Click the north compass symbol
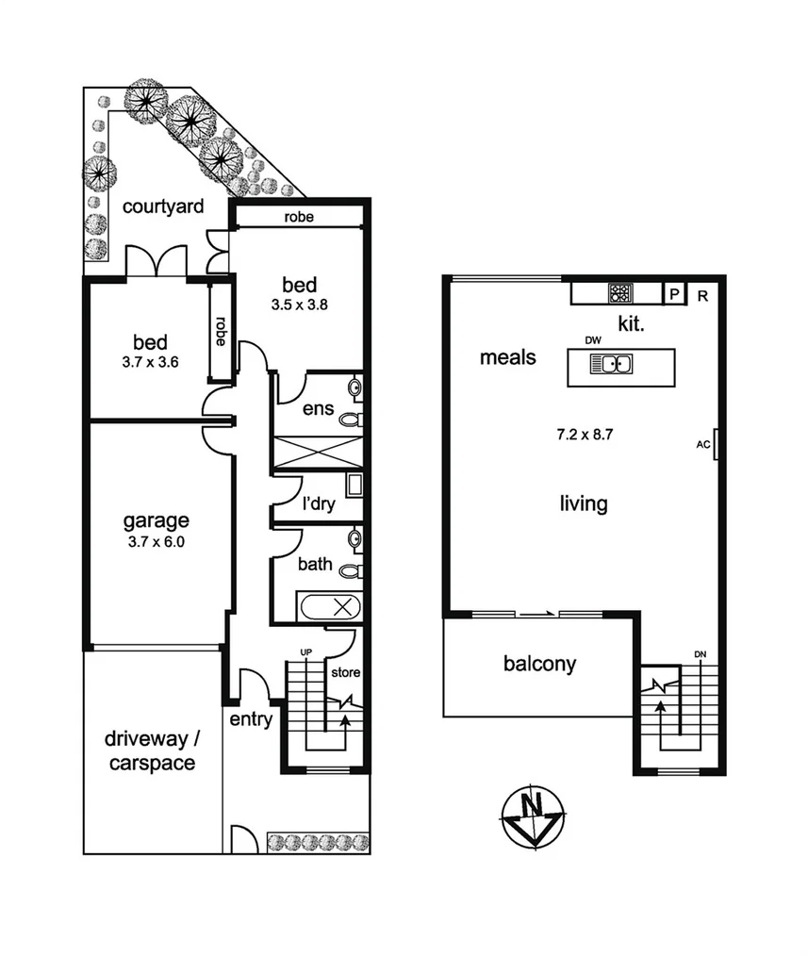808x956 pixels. [x=533, y=815]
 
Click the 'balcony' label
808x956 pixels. [x=539, y=664]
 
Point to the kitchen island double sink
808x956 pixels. [x=611, y=364]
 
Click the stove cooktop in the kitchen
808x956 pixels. [x=620, y=293]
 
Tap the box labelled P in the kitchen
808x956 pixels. [x=674, y=294]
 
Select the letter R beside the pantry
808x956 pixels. [x=702, y=294]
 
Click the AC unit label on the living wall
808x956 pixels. [x=701, y=442]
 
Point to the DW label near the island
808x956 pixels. [x=593, y=339]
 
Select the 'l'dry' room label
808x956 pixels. [x=319, y=504]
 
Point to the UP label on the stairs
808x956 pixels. [x=305, y=652]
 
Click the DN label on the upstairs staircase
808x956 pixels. [x=699, y=653]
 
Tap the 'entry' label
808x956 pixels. [x=251, y=720]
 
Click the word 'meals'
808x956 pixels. [x=507, y=357]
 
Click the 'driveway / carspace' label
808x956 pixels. [x=151, y=750]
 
